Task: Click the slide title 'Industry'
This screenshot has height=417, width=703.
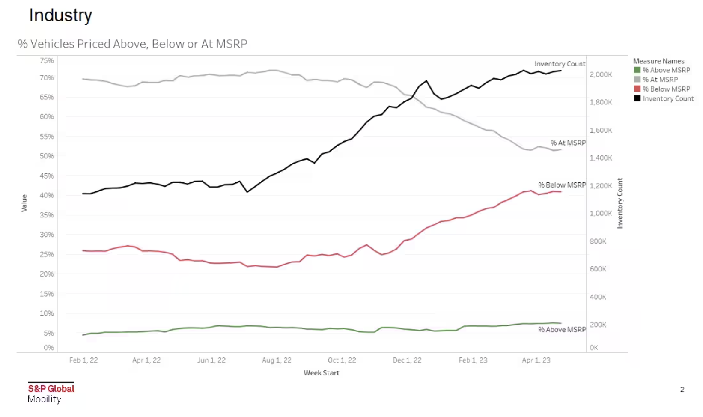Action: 60,16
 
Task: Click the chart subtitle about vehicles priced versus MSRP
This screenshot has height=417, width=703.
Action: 132,44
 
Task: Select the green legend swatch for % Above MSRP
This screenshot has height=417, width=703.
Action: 637,70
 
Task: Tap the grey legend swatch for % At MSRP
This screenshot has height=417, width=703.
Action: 637,80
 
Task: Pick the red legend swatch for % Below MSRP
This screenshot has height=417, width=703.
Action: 637,89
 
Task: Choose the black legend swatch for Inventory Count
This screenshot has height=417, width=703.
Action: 637,98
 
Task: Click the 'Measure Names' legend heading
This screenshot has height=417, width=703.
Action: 658,61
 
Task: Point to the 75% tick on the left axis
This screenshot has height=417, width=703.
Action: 47,61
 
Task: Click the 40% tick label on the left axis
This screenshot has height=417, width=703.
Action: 47,195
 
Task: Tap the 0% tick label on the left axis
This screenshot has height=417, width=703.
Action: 48,348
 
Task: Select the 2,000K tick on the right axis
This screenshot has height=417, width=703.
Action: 601,74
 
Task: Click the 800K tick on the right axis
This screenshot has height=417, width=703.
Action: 598,241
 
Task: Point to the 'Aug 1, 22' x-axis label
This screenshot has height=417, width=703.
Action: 277,360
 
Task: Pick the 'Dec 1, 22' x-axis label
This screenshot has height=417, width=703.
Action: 407,360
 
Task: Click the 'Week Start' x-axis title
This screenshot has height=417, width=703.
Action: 322,373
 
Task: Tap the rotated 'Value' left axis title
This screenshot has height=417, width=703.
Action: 24,203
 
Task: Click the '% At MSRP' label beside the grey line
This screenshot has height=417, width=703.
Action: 568,143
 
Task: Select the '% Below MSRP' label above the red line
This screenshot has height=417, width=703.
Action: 562,185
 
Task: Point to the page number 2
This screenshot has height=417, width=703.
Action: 682,390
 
